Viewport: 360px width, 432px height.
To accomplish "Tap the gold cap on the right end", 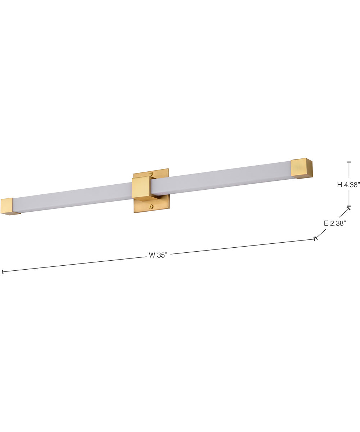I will (301, 168).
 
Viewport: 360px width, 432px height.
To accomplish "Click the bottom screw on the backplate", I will (151, 207).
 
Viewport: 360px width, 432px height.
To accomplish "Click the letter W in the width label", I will (152, 256).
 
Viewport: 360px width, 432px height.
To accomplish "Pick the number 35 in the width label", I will (162, 255).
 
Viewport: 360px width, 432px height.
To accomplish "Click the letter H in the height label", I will (339, 185).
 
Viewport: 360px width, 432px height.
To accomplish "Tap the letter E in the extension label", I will (326, 224).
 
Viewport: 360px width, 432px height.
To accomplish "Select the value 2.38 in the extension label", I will (338, 224).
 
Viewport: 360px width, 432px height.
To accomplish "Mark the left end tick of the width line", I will (3, 271).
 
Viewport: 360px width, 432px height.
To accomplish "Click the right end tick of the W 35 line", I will (316, 238).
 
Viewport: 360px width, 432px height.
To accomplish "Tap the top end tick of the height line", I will (348, 162).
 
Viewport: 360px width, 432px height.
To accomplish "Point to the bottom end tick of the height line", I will (348, 207).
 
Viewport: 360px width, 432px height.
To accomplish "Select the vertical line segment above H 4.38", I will (348, 171).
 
